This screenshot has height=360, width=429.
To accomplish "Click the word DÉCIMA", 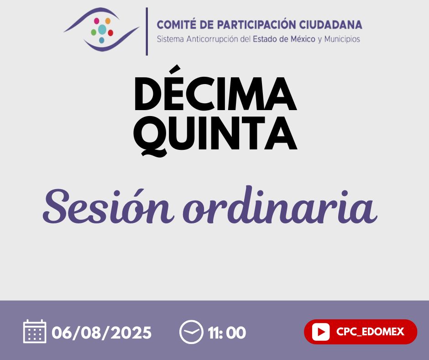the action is point(215,88).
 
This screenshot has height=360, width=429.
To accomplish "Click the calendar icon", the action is point(35,331).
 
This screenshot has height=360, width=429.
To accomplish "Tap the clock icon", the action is point(191,332).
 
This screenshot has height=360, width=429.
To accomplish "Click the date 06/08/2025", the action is point(101,333).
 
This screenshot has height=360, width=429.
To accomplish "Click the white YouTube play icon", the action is point(321,332).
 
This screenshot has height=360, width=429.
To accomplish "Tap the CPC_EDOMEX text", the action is point(370,332).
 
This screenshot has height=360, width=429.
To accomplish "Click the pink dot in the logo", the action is point(97,21).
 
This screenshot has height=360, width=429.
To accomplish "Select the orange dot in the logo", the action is point(108,21).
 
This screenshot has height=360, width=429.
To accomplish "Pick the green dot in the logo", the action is point(94,32).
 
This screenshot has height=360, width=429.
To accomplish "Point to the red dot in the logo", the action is point(110,33).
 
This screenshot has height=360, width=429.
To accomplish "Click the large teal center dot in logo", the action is point(102,30).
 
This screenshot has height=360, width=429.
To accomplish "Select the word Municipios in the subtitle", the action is point(342,39).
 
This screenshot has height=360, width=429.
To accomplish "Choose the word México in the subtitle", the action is point(303,39).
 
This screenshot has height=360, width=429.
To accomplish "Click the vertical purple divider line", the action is point(147,32).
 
